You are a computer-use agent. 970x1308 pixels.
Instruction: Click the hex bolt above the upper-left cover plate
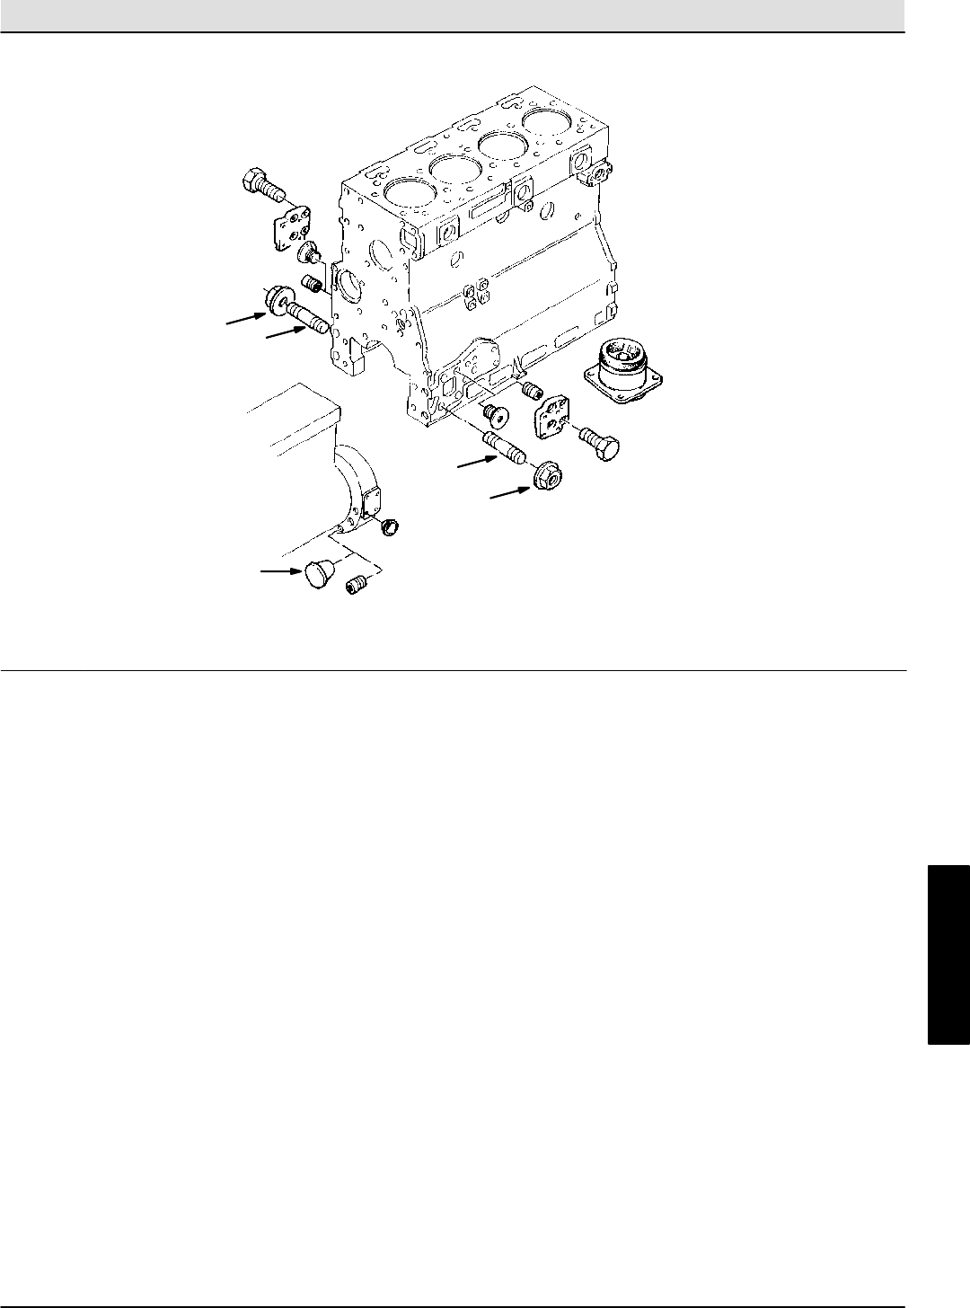[x=260, y=184]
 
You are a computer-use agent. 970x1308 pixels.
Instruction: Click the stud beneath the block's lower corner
[x=507, y=446]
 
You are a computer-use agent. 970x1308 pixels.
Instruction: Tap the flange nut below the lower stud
[x=545, y=475]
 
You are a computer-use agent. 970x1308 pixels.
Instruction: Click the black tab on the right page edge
[x=948, y=954]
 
